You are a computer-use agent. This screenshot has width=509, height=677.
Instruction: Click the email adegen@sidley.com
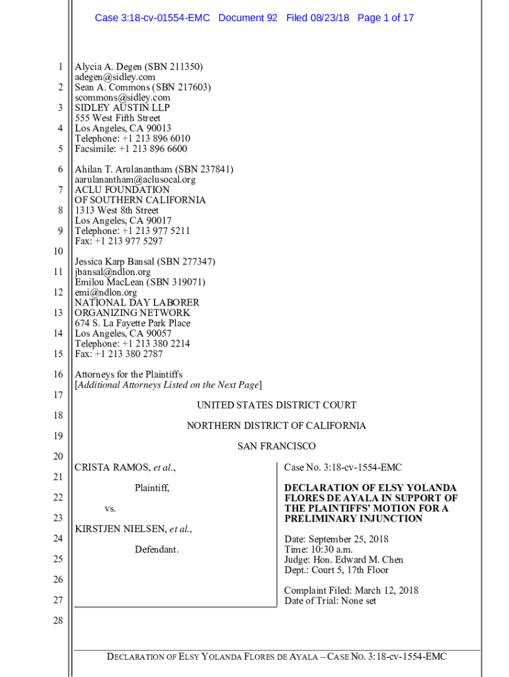tap(115, 77)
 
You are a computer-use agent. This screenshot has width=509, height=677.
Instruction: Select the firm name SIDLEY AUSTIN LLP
tap(122, 108)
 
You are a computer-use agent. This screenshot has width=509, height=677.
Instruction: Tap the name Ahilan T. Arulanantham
tap(123, 169)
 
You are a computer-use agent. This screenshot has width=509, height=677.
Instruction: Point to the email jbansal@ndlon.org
tap(112, 272)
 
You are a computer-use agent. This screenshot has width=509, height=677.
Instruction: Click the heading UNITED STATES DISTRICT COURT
tap(276, 405)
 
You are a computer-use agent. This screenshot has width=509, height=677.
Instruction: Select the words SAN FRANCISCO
tap(276, 446)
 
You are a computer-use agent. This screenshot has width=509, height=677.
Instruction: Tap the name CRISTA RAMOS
tap(112, 467)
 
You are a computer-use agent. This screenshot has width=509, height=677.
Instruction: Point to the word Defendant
tap(157, 549)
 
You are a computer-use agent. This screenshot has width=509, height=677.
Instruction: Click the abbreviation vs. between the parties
tap(110, 508)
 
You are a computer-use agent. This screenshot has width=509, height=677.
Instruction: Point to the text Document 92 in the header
tap(248, 18)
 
